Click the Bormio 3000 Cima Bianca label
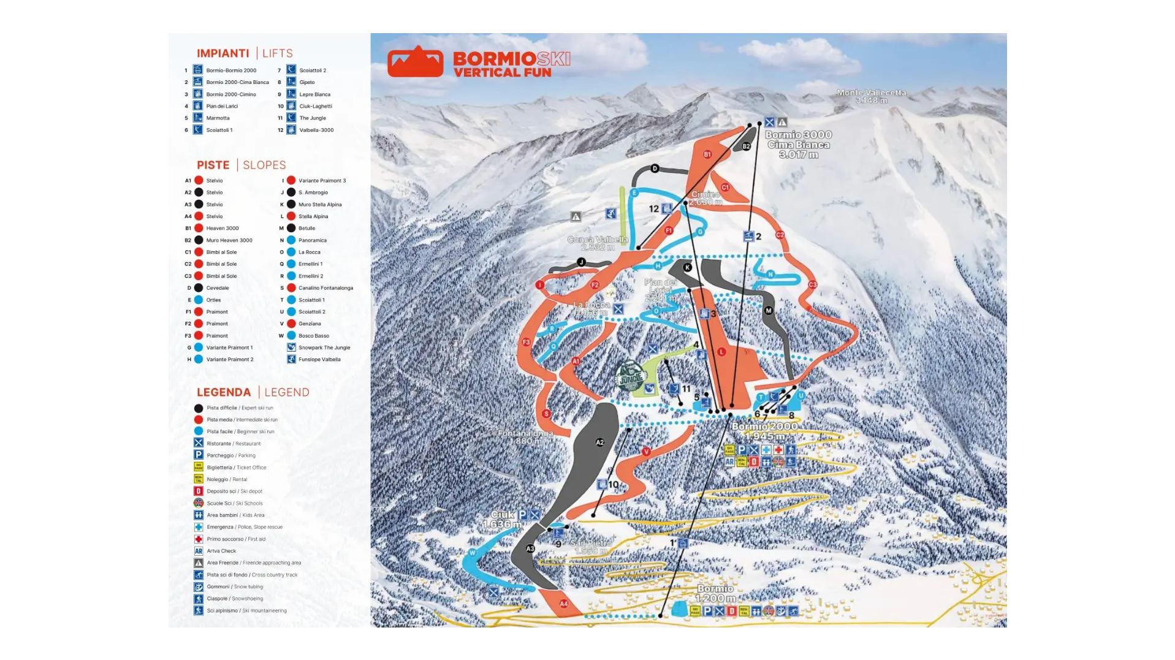pyautogui.click(x=798, y=145)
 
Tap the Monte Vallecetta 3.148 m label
pyautogui.click(x=871, y=96)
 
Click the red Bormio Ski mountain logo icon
pyautogui.click(x=415, y=61)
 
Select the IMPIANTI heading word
pyautogui.click(x=222, y=53)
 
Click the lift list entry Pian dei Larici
pyautogui.click(x=221, y=106)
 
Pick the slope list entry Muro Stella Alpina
pyautogui.click(x=320, y=205)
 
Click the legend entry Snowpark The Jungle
pyautogui.click(x=324, y=347)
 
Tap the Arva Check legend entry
pyautogui.click(x=221, y=551)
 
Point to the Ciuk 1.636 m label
pyautogui.click(x=502, y=520)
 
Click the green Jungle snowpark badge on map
pyautogui.click(x=631, y=376)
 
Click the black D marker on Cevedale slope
pyautogui.click(x=655, y=169)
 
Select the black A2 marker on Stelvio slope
pyautogui.click(x=599, y=442)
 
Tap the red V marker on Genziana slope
pyautogui.click(x=646, y=452)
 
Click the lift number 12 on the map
pyautogui.click(x=653, y=209)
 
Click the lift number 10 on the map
pyautogui.click(x=614, y=485)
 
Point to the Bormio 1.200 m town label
pyautogui.click(x=715, y=593)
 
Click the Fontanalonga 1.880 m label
pyautogui.click(x=525, y=437)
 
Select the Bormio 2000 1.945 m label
pyautogui.click(x=764, y=431)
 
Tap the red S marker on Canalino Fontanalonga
pyautogui.click(x=546, y=414)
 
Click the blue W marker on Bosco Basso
pyautogui.click(x=472, y=553)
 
